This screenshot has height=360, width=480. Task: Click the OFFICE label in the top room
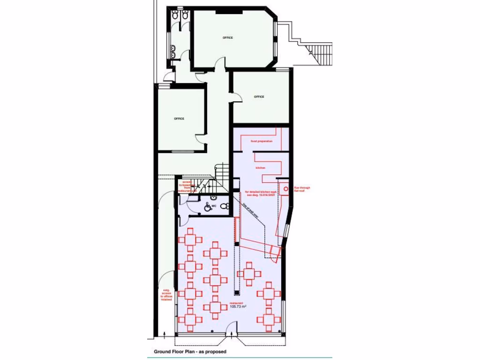click(x=228, y=37)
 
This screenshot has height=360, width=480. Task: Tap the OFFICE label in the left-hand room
click(x=179, y=119)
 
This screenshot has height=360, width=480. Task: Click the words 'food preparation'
click(x=262, y=141)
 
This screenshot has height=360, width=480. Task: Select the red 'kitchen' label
click(x=261, y=167)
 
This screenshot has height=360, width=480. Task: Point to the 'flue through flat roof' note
click(x=299, y=189)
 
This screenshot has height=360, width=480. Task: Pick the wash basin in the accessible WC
click(x=213, y=198)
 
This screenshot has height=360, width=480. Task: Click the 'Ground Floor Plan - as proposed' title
click(x=190, y=351)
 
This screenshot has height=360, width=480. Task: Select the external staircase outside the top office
click(x=322, y=53)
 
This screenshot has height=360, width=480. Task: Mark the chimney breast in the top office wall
click(x=222, y=11)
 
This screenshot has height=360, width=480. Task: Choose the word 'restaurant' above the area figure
click(x=237, y=302)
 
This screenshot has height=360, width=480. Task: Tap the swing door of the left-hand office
click(x=201, y=138)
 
